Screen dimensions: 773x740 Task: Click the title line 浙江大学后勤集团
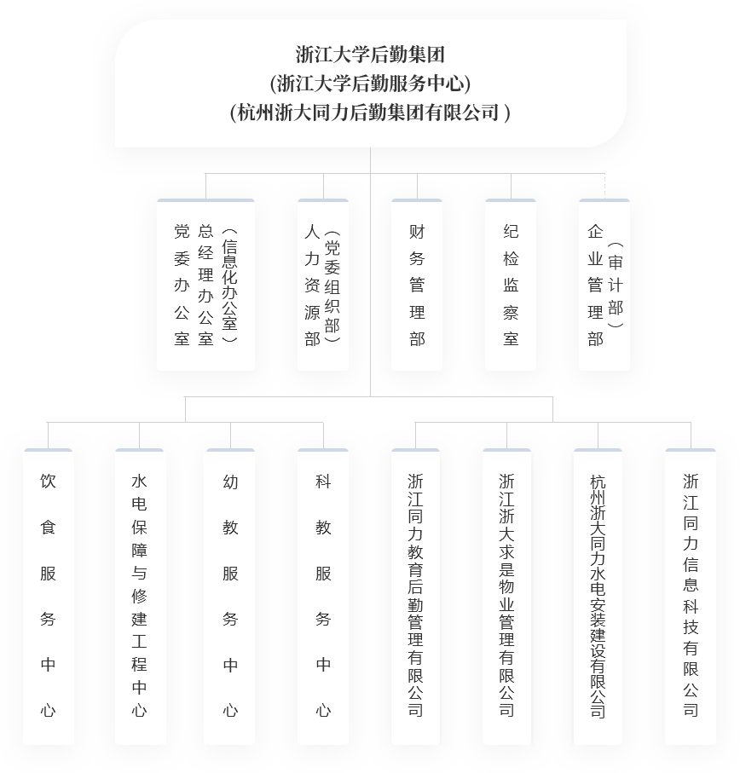click(x=370, y=55)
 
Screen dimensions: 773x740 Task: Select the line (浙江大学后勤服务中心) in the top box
click(x=370, y=84)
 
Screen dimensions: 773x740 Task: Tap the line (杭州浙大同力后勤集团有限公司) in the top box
click(x=370, y=112)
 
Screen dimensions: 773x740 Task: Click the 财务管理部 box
click(x=417, y=286)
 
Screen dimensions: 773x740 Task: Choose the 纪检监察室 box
click(x=511, y=286)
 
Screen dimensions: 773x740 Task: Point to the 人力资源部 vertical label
click(x=313, y=286)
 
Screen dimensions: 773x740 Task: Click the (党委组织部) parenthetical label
click(x=332, y=286)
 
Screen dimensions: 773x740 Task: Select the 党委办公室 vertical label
click(x=182, y=286)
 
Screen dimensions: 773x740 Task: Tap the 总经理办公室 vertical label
click(x=205, y=286)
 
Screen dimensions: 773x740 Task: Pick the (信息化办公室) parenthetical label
click(x=229, y=286)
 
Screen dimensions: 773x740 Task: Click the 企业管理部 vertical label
click(x=595, y=286)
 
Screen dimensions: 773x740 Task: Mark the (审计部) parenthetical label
click(x=616, y=286)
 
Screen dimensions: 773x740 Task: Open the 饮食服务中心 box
click(x=49, y=597)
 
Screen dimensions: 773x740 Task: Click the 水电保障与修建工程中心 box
click(x=140, y=597)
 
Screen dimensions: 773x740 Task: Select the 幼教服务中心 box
click(x=230, y=597)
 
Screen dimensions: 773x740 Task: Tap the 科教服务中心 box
click(x=323, y=597)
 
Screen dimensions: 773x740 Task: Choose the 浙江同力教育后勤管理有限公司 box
click(x=415, y=597)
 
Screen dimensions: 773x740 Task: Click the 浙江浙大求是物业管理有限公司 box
click(x=507, y=597)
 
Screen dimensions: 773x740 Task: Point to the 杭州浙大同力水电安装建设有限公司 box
click(x=598, y=597)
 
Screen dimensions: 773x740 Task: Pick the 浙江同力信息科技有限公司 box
click(x=691, y=597)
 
